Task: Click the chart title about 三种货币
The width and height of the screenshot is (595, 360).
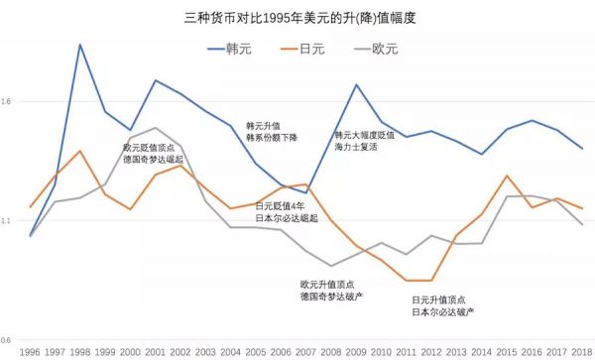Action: coord(297,18)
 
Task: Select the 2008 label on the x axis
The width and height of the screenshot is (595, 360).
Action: coord(329,350)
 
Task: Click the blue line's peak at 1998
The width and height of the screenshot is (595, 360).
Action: coord(79,45)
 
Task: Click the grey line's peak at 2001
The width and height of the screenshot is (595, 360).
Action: coord(155,128)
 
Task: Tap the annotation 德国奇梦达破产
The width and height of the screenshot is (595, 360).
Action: coord(331,296)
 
